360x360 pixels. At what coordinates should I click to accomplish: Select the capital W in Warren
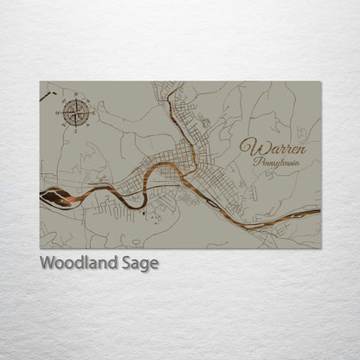(x=248, y=146)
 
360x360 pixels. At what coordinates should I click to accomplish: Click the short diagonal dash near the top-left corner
(x=45, y=97)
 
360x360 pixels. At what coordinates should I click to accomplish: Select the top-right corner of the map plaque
(x=320, y=82)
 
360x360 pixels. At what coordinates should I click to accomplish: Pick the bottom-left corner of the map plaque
(x=40, y=248)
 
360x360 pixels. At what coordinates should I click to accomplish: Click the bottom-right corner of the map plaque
(x=320, y=248)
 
